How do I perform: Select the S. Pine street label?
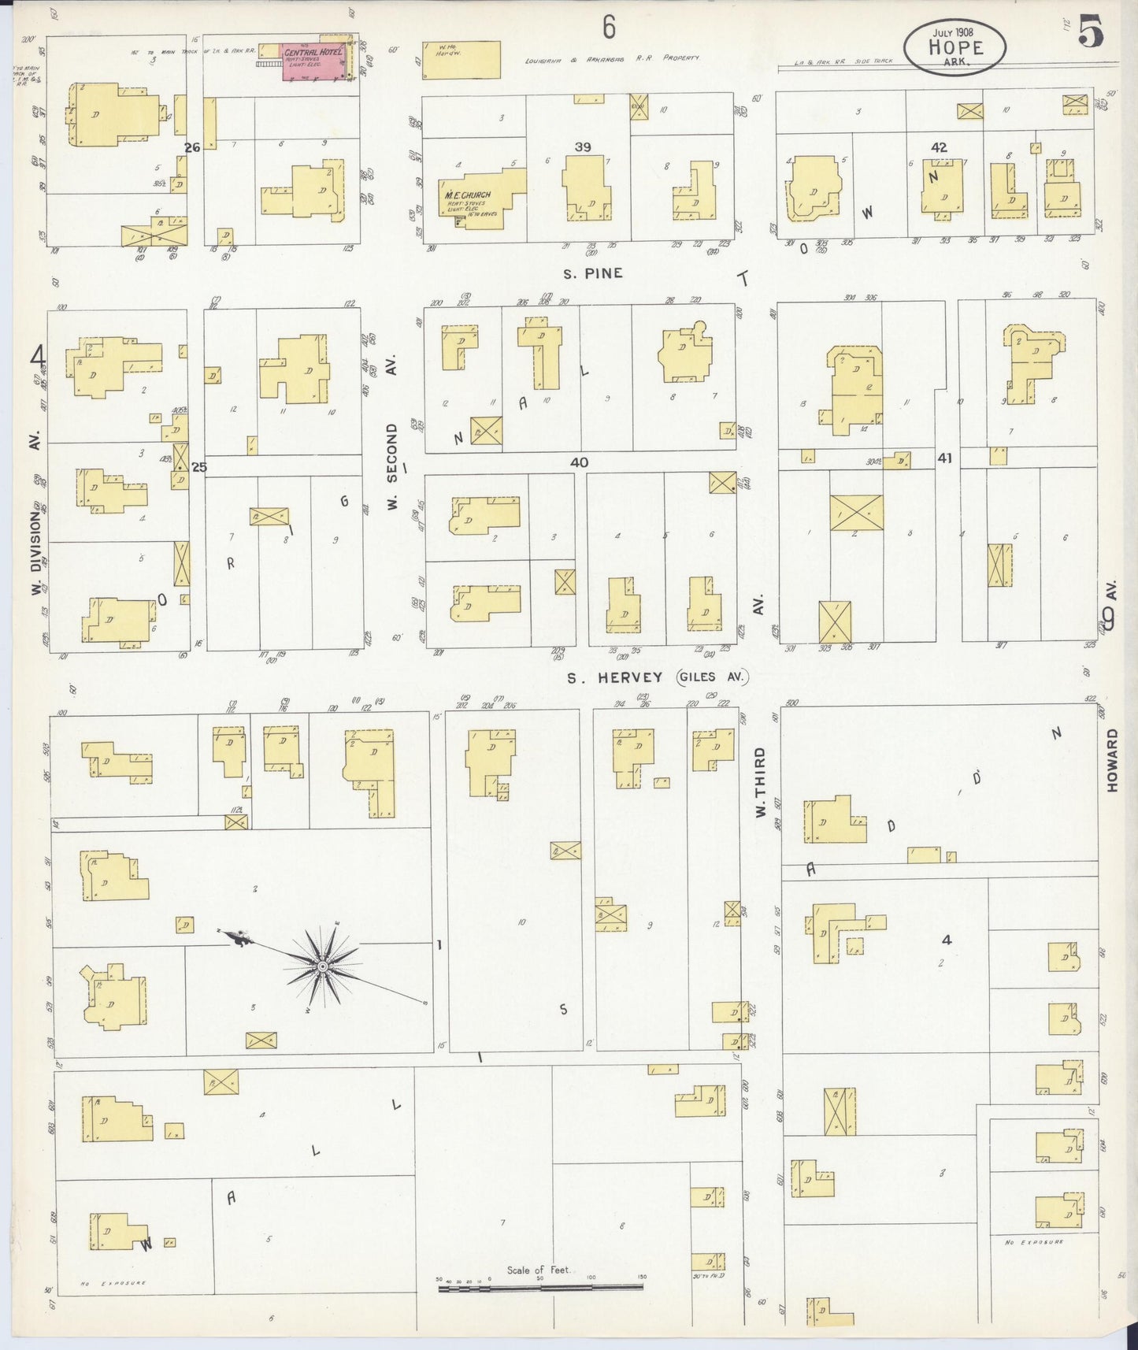[x=592, y=273]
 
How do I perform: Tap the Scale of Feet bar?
[x=540, y=1289]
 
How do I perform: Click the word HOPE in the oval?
[x=955, y=47]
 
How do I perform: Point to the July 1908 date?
[x=954, y=32]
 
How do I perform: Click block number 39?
[x=583, y=147]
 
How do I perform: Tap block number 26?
[x=192, y=147]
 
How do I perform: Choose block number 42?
[x=938, y=147]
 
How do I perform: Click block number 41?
[x=945, y=457]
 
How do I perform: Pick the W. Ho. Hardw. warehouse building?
[x=462, y=60]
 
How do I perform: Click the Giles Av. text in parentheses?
[x=712, y=677]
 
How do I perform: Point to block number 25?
[x=198, y=467]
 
